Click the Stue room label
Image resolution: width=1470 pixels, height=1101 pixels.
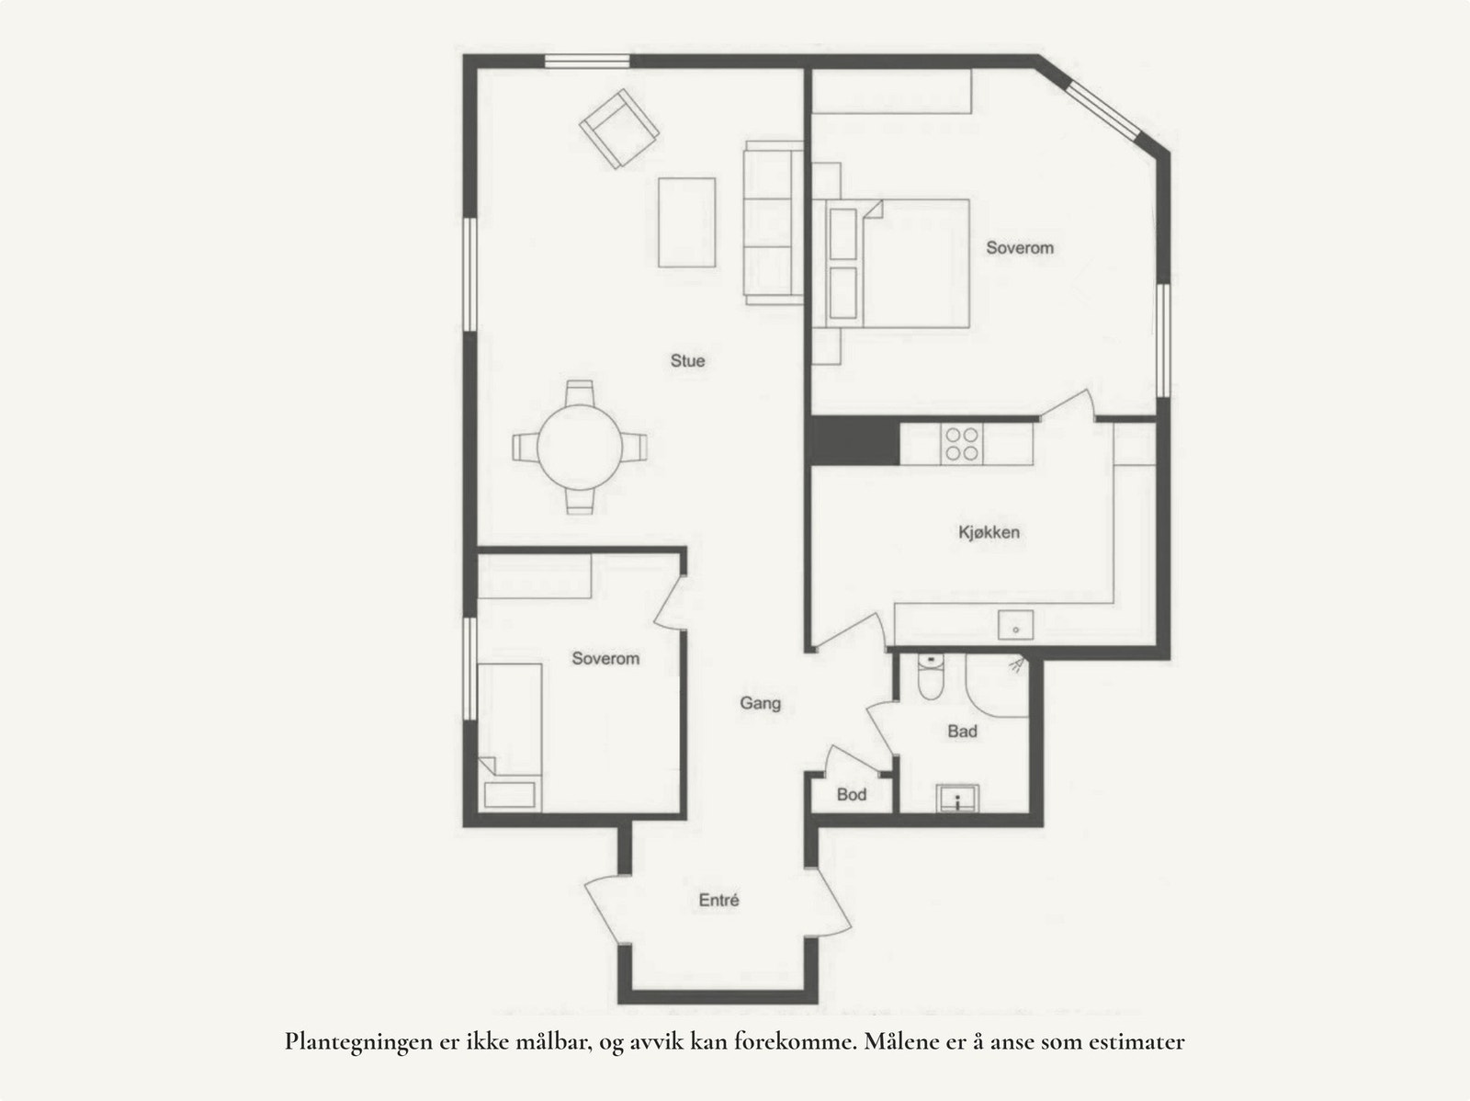[x=687, y=361]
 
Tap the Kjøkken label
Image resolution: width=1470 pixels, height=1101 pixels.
[x=989, y=532]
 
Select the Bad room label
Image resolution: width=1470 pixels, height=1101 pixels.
[x=962, y=732]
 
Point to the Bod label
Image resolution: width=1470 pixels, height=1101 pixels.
[x=852, y=794]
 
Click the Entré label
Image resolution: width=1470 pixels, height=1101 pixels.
[x=718, y=901]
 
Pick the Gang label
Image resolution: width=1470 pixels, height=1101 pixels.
[x=761, y=704]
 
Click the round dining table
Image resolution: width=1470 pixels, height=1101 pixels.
[x=580, y=448]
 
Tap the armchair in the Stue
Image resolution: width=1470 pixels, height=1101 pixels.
[x=618, y=128]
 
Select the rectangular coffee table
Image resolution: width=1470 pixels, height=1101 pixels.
[x=686, y=222]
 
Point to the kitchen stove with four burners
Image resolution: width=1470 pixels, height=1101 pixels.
[x=962, y=444]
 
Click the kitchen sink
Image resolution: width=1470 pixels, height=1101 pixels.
[x=1015, y=625]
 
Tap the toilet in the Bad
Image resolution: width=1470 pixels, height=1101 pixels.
[x=930, y=677]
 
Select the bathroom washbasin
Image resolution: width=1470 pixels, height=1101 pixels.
[x=958, y=799]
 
